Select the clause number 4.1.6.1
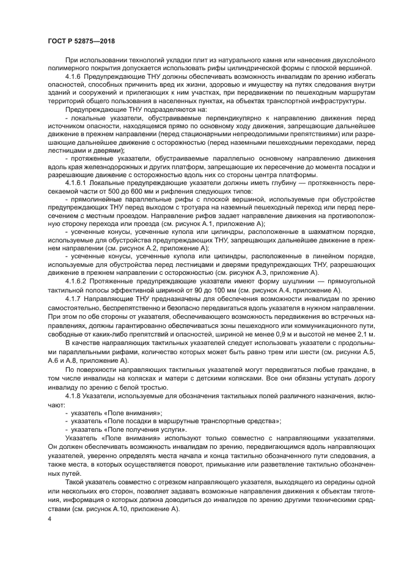(x=78, y=183)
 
